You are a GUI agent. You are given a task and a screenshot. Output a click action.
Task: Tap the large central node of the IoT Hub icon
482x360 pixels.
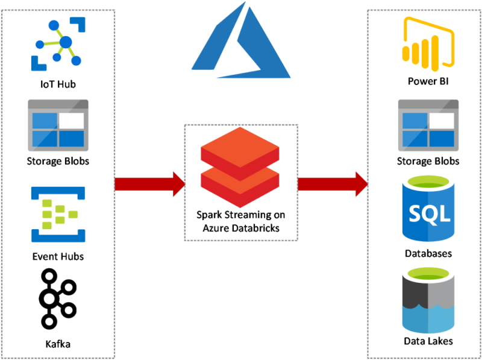click(x=65, y=42)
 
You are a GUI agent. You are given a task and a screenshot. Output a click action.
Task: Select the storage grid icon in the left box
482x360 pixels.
click(x=58, y=125)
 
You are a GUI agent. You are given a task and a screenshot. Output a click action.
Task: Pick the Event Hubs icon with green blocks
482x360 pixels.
click(x=58, y=213)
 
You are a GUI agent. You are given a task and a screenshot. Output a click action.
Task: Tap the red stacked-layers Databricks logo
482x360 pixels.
click(x=240, y=167)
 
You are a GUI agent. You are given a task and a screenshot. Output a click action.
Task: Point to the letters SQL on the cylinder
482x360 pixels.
click(x=429, y=213)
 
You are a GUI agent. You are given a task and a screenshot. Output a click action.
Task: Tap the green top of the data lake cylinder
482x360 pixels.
click(x=428, y=275)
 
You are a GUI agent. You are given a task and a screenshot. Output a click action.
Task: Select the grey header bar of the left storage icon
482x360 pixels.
click(x=58, y=104)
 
